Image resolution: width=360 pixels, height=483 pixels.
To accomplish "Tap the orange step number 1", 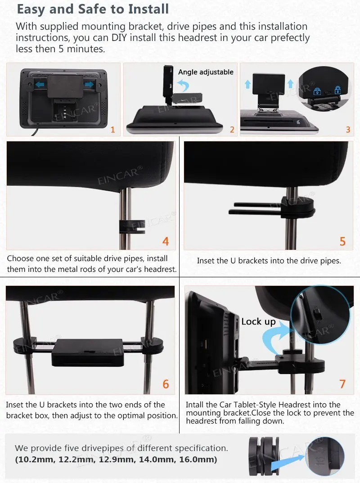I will (x=112, y=130).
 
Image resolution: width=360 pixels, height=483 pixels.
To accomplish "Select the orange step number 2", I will (x=232, y=130).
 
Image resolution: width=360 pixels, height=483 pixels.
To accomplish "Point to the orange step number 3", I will (x=348, y=130).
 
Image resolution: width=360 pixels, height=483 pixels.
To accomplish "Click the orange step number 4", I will (x=166, y=241).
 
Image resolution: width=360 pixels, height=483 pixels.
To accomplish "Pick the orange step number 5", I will (x=342, y=241).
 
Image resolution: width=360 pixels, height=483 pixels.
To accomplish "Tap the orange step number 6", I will (x=166, y=384).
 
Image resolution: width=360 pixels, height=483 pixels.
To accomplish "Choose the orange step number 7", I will (x=342, y=384).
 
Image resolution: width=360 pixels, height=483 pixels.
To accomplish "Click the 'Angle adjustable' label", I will (x=206, y=72).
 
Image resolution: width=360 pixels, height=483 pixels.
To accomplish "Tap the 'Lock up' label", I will (x=258, y=321).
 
